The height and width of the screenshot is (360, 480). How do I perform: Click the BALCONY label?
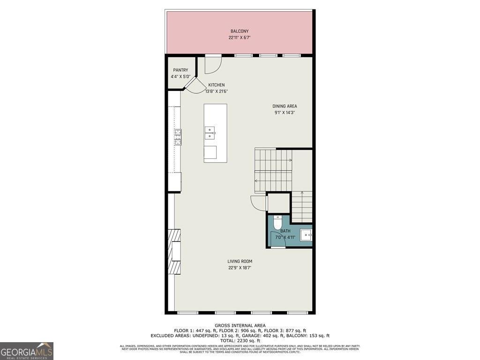(240, 31)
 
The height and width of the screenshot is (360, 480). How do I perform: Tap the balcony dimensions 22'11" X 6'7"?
(240, 37)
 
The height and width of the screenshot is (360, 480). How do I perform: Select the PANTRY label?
(180, 70)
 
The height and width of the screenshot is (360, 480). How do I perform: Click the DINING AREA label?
(285, 106)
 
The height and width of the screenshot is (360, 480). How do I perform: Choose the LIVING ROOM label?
(240, 262)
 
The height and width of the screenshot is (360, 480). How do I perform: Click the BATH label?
(285, 231)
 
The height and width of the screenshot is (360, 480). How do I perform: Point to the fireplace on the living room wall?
(174, 251)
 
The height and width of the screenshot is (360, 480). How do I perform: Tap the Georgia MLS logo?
(27, 351)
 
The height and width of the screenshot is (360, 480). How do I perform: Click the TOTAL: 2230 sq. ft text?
(240, 341)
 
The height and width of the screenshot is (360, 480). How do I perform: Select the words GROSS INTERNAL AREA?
(240, 325)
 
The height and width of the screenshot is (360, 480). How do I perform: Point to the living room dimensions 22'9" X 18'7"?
(240, 268)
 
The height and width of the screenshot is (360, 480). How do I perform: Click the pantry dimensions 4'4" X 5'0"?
(180, 76)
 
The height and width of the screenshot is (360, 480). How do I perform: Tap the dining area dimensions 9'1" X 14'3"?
(285, 112)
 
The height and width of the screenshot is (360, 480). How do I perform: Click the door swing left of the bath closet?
(258, 203)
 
